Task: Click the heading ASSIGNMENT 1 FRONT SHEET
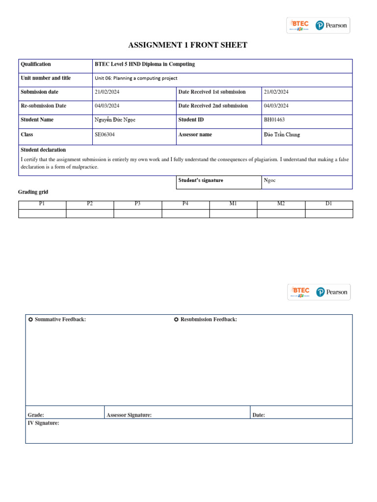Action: (x=188, y=46)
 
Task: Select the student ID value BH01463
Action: (x=274, y=120)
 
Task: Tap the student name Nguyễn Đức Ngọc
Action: (x=115, y=120)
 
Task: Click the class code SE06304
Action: (x=106, y=134)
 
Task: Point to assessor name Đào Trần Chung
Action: (x=282, y=134)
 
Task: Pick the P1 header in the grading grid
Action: (x=42, y=204)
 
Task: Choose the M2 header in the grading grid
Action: (x=281, y=204)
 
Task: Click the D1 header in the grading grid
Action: (x=329, y=204)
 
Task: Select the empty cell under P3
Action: (x=137, y=213)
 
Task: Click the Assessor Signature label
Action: (x=129, y=415)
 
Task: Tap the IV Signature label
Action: (x=43, y=423)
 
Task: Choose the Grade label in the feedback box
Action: (x=35, y=415)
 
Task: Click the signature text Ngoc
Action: (x=269, y=180)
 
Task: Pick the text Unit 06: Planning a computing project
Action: (x=136, y=78)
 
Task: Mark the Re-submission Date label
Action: (x=43, y=106)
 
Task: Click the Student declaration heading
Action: (x=43, y=150)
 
